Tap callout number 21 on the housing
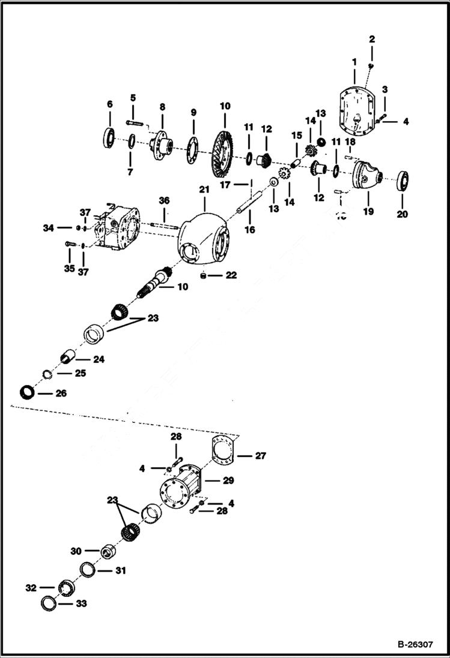204,190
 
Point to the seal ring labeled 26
26,393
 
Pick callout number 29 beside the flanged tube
228,480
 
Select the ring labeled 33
49,603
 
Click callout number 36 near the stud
165,200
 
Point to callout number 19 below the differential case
367,211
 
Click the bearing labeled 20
403,181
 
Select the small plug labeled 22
204,275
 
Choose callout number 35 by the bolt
69,269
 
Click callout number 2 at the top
372,39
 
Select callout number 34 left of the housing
47,228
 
